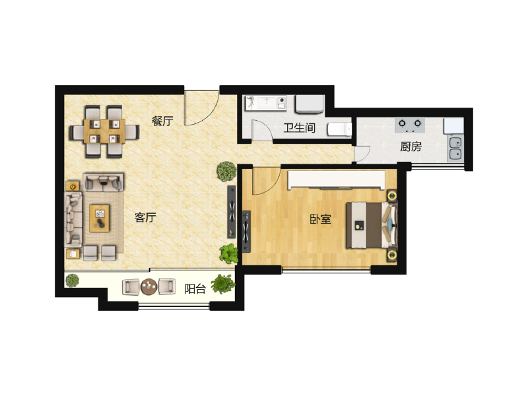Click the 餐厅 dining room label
pyautogui.click(x=162, y=121)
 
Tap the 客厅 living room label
pyautogui.click(x=145, y=218)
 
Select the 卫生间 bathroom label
pyautogui.click(x=300, y=128)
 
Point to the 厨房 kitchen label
pyautogui.click(x=411, y=147)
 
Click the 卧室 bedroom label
pyautogui.click(x=321, y=219)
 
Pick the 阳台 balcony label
pyautogui.click(x=195, y=288)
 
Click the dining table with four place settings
pyautogui.click(x=104, y=131)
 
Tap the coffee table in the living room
pyautogui.click(x=100, y=218)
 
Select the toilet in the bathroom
pyautogui.click(x=340, y=129)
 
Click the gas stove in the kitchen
pyautogui.click(x=410, y=125)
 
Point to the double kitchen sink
pyautogui.click(x=455, y=148)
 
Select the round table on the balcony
pyautogui.click(x=149, y=287)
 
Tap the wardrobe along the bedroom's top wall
pyautogui.click(x=337, y=180)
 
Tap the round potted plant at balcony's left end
pyautogui.click(x=73, y=280)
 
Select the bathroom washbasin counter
pyautogui.click(x=267, y=102)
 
